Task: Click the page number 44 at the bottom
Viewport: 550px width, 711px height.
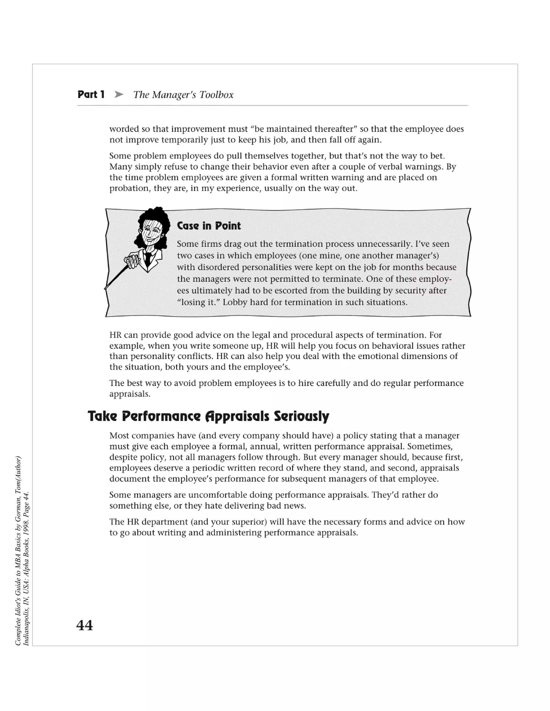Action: (84, 625)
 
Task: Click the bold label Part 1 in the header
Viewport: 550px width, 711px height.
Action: (91, 95)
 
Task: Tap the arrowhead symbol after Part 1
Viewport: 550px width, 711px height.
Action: (119, 95)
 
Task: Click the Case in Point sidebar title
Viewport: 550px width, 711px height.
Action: (208, 226)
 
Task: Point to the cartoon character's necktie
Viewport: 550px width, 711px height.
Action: (148, 259)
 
